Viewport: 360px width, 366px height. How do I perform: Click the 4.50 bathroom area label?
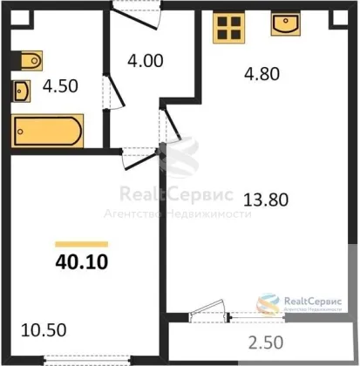pos(60,86)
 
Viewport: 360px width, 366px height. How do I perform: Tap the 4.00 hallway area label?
pos(146,61)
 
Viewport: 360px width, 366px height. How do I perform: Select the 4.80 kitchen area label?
pos(262,74)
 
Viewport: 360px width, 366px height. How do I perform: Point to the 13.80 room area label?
pos(266,200)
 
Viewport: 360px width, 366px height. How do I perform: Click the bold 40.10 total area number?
pos(82,262)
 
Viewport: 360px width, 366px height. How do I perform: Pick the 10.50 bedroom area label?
pos(44,330)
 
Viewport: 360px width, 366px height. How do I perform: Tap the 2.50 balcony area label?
pos(266,342)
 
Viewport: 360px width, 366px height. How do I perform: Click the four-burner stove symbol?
pos(229,28)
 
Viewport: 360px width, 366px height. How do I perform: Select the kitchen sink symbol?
pos(286,24)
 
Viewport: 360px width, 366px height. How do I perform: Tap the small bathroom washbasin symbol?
pos(21,91)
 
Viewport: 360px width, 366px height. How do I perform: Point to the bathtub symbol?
pos(48,131)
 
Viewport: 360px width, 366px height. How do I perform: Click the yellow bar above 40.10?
pos(82,244)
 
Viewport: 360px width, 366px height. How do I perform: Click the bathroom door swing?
pos(114,92)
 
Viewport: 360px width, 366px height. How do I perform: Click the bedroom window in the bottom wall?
pos(88,361)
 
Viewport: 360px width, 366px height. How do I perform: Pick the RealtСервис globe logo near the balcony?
pos(268,304)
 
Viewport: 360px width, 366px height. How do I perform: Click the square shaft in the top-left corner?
pos(21,18)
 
